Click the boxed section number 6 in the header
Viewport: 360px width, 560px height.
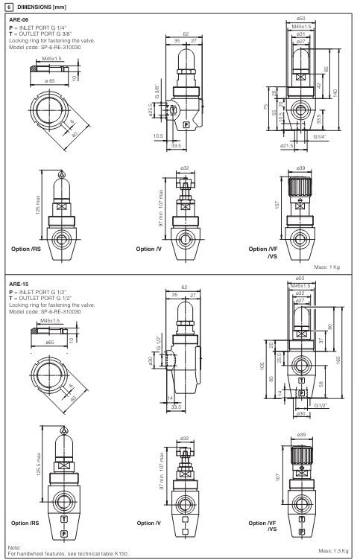tap(7, 6)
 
